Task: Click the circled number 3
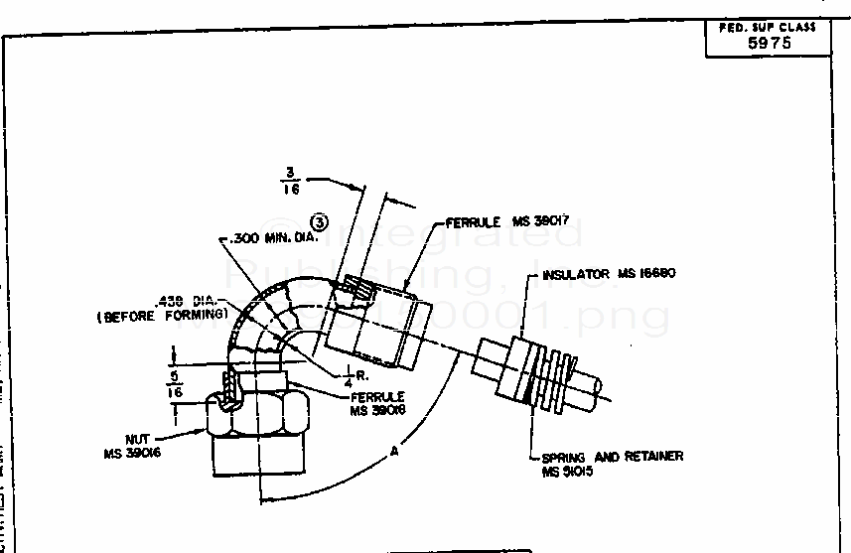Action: [320, 221]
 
